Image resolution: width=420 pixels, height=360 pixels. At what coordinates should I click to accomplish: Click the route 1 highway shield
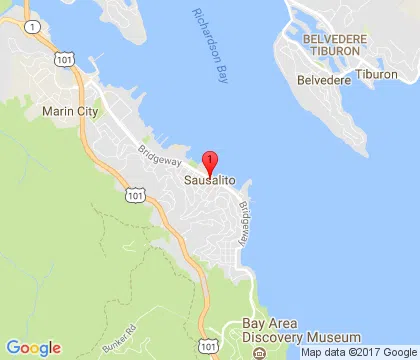(34, 26)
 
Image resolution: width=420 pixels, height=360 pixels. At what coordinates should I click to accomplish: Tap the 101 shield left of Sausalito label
(133, 198)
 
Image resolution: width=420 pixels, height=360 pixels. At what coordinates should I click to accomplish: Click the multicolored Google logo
(32, 347)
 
